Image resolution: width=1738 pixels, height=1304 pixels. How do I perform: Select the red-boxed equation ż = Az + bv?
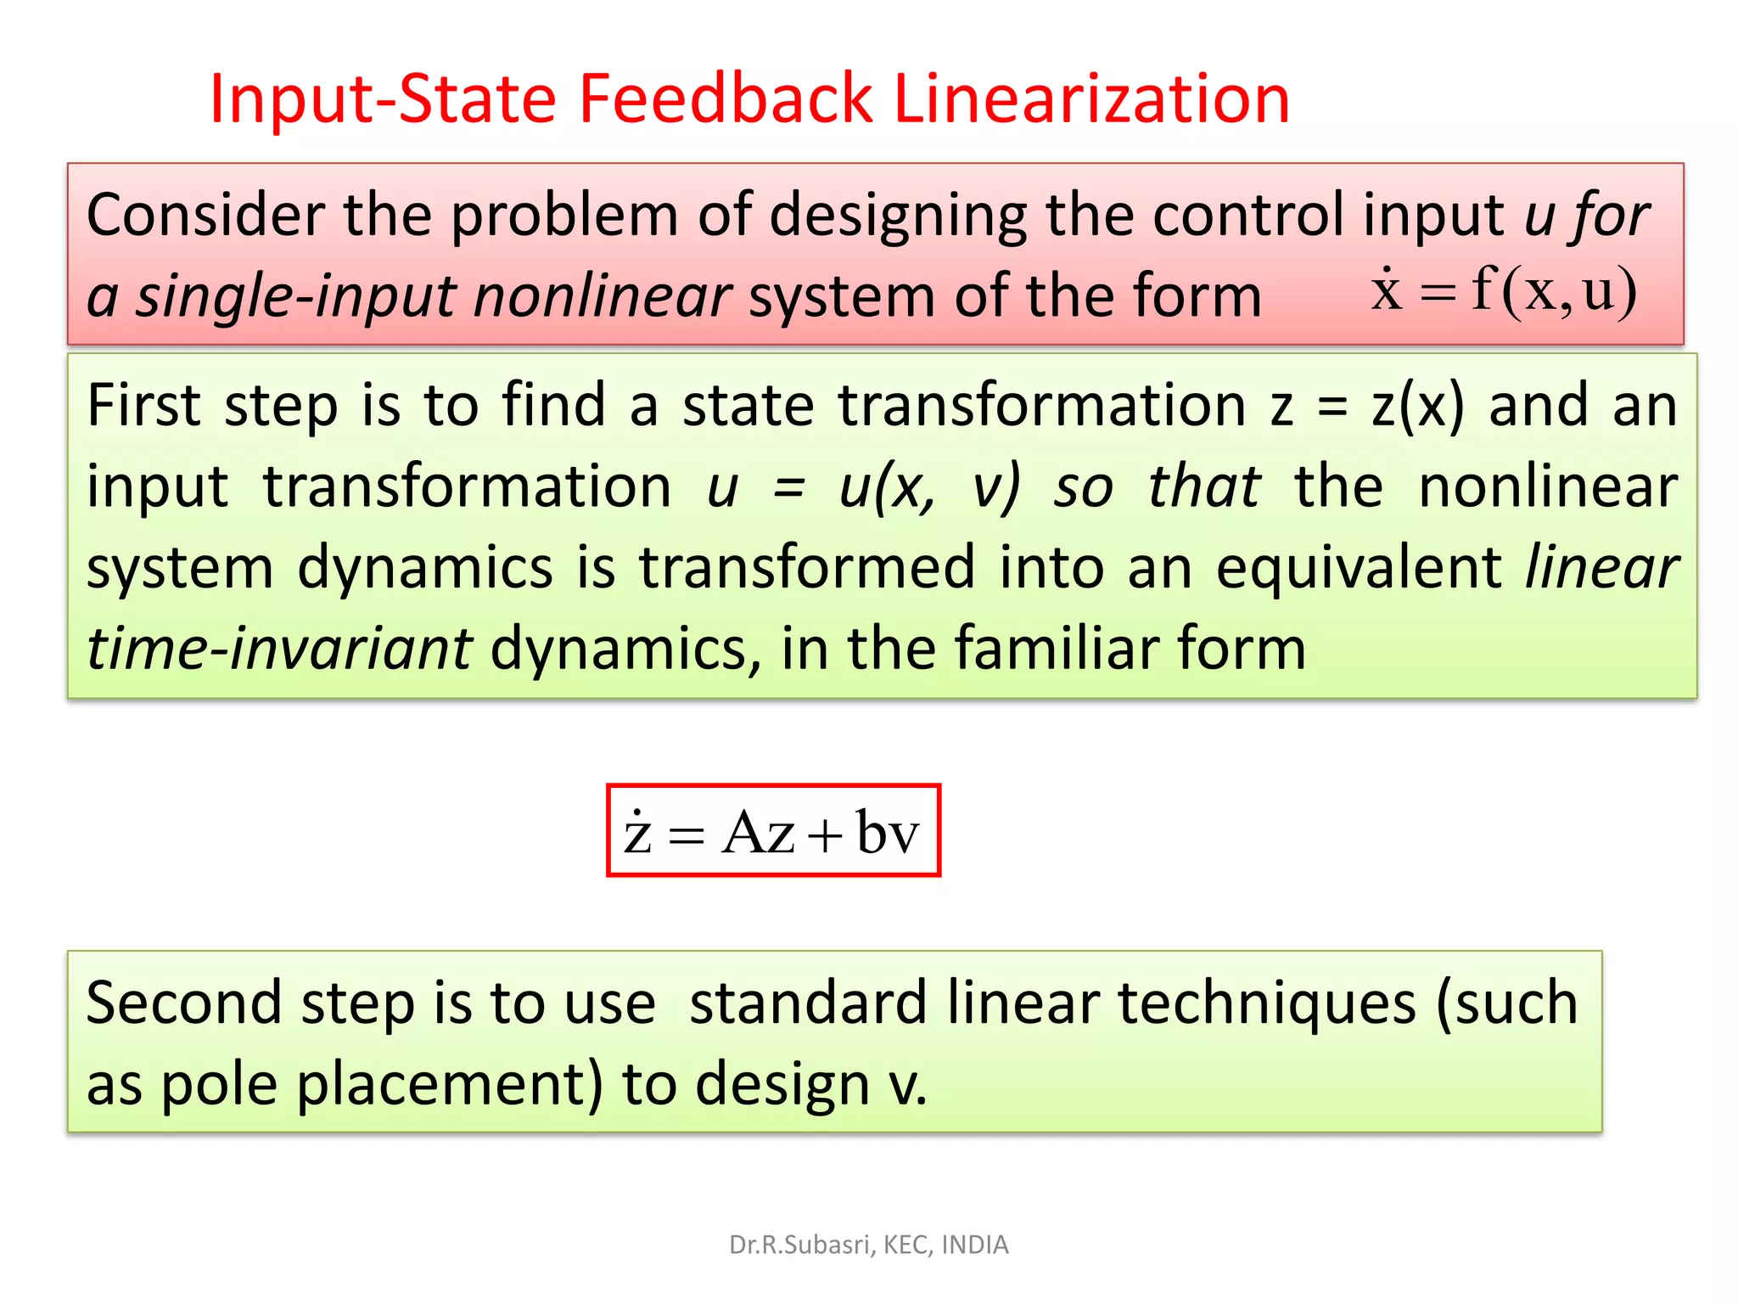click(773, 831)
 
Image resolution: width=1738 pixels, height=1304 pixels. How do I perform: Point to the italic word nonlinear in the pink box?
click(603, 297)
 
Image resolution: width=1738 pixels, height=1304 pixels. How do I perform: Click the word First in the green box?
click(143, 405)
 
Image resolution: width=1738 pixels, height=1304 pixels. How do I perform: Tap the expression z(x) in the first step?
click(1418, 406)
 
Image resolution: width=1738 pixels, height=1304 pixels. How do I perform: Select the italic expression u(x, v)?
click(928, 487)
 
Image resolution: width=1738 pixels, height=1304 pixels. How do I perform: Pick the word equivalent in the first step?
click(1359, 569)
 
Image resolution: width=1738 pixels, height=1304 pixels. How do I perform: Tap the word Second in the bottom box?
click(183, 1003)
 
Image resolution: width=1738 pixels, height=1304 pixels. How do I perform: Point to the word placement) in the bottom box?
click(450, 1085)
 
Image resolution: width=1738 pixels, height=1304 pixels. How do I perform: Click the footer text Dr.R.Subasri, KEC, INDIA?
click(868, 1245)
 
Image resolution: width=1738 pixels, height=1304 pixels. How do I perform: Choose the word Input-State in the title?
click(383, 99)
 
